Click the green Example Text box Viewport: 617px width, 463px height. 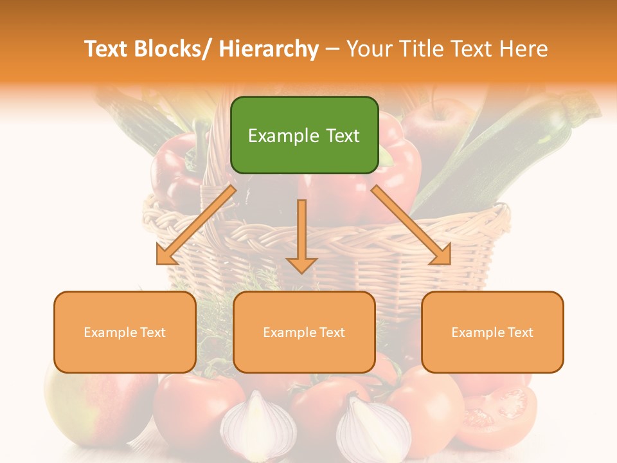point(304,135)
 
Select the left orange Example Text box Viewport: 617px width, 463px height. point(125,332)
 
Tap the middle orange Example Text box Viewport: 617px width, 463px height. point(304,332)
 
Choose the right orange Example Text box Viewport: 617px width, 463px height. point(492,332)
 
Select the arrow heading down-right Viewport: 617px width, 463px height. point(411,226)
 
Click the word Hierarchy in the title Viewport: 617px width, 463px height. point(269,49)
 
